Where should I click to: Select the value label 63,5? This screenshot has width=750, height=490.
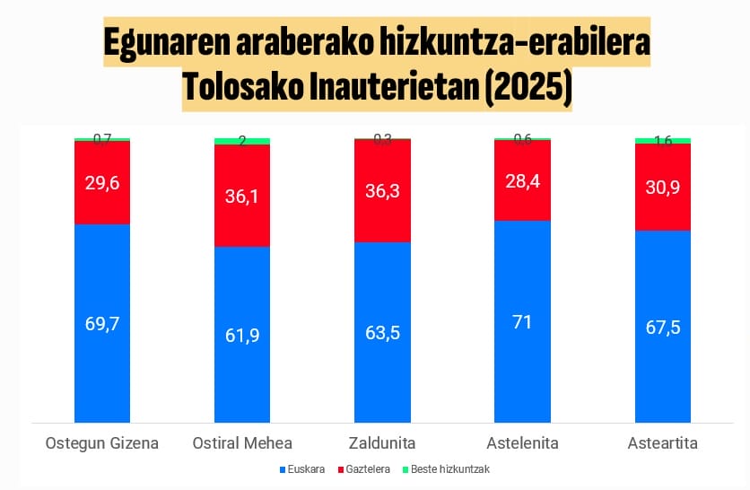[383, 331]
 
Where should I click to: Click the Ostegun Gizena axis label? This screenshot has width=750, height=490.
[102, 442]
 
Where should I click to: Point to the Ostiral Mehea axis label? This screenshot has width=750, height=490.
[242, 442]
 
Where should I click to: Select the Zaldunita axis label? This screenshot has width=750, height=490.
[383, 442]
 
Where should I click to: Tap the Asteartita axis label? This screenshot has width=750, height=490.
[663, 442]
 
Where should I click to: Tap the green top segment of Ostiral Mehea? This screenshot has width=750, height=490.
[242, 141]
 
